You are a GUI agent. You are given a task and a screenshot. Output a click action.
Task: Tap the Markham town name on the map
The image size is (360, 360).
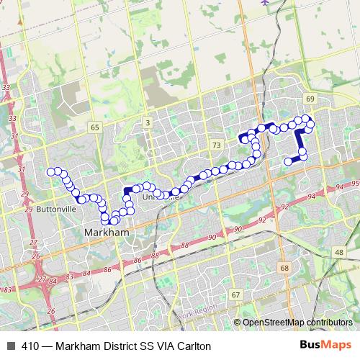[x=106, y=233]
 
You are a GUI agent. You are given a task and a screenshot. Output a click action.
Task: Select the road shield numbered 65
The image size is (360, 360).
[x=94, y=127]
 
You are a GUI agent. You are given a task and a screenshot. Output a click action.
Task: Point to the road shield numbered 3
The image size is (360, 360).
[x=147, y=123]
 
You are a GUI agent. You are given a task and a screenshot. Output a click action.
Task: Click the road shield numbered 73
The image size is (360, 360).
[x=216, y=145]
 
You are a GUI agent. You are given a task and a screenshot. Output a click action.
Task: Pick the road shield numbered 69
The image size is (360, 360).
[x=310, y=98]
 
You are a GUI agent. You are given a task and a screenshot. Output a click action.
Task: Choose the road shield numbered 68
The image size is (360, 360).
[x=284, y=268]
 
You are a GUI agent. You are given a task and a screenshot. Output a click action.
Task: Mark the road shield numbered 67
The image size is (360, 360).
[x=235, y=295]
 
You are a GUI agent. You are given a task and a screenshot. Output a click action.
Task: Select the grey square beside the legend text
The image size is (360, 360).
[x=11, y=346]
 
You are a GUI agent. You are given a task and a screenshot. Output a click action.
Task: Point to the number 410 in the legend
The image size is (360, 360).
[x=30, y=346]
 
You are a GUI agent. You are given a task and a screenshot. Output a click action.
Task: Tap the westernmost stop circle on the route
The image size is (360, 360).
[x=51, y=172]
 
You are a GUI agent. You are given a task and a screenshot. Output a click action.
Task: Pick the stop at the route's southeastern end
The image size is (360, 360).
[x=288, y=161]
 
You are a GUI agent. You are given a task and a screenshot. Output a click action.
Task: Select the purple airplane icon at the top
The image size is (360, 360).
[x=265, y=2]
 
